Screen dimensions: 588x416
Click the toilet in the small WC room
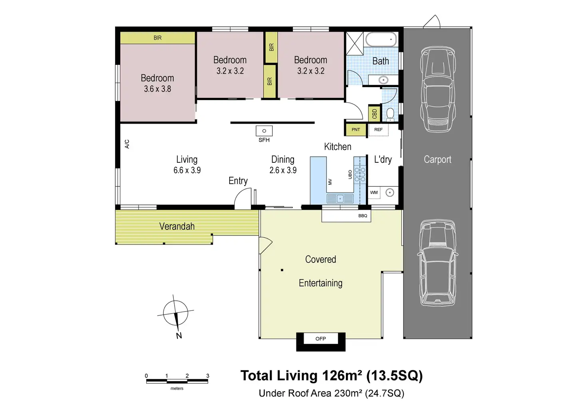coord(390,114)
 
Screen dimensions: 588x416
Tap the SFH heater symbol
coord(264,131)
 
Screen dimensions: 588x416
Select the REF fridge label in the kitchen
coord(378,130)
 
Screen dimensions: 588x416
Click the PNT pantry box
coord(356,130)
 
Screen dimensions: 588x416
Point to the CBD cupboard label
coord(375,114)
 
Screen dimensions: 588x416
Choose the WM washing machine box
coord(374,193)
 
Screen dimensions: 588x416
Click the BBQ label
coord(363,216)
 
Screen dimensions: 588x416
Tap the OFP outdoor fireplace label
coord(320,339)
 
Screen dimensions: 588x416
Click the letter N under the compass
coord(179,336)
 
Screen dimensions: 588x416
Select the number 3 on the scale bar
coord(208,376)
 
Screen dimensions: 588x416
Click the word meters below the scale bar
coord(177,388)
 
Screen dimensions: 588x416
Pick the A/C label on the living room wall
coord(127,144)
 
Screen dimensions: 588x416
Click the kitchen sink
coord(340,199)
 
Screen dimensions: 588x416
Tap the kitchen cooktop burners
coord(360,174)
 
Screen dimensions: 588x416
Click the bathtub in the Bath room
coord(381,40)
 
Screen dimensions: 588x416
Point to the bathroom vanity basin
coord(383,80)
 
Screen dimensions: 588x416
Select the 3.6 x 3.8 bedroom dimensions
coord(157,89)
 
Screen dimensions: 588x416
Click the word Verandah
coord(177,226)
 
